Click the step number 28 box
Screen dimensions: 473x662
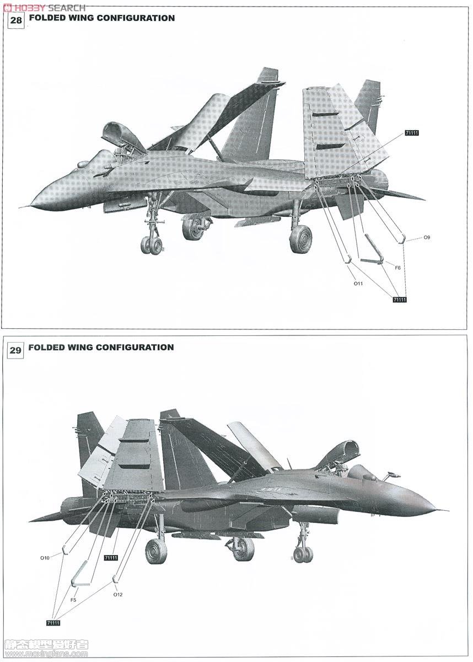tap(16, 20)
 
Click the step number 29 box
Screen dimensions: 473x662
tap(15, 350)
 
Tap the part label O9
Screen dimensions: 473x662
tap(427, 237)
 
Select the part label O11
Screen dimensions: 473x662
tap(358, 284)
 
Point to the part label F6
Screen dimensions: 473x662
tap(397, 268)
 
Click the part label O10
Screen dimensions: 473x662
tap(45, 558)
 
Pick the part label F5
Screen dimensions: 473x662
tap(73, 592)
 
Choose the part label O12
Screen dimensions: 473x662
tap(118, 586)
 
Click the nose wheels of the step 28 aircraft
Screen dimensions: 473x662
tap(152, 245)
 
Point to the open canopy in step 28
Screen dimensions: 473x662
tap(122, 135)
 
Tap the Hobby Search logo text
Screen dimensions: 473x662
tap(44, 7)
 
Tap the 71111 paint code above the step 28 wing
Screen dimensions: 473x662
tap(412, 133)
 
